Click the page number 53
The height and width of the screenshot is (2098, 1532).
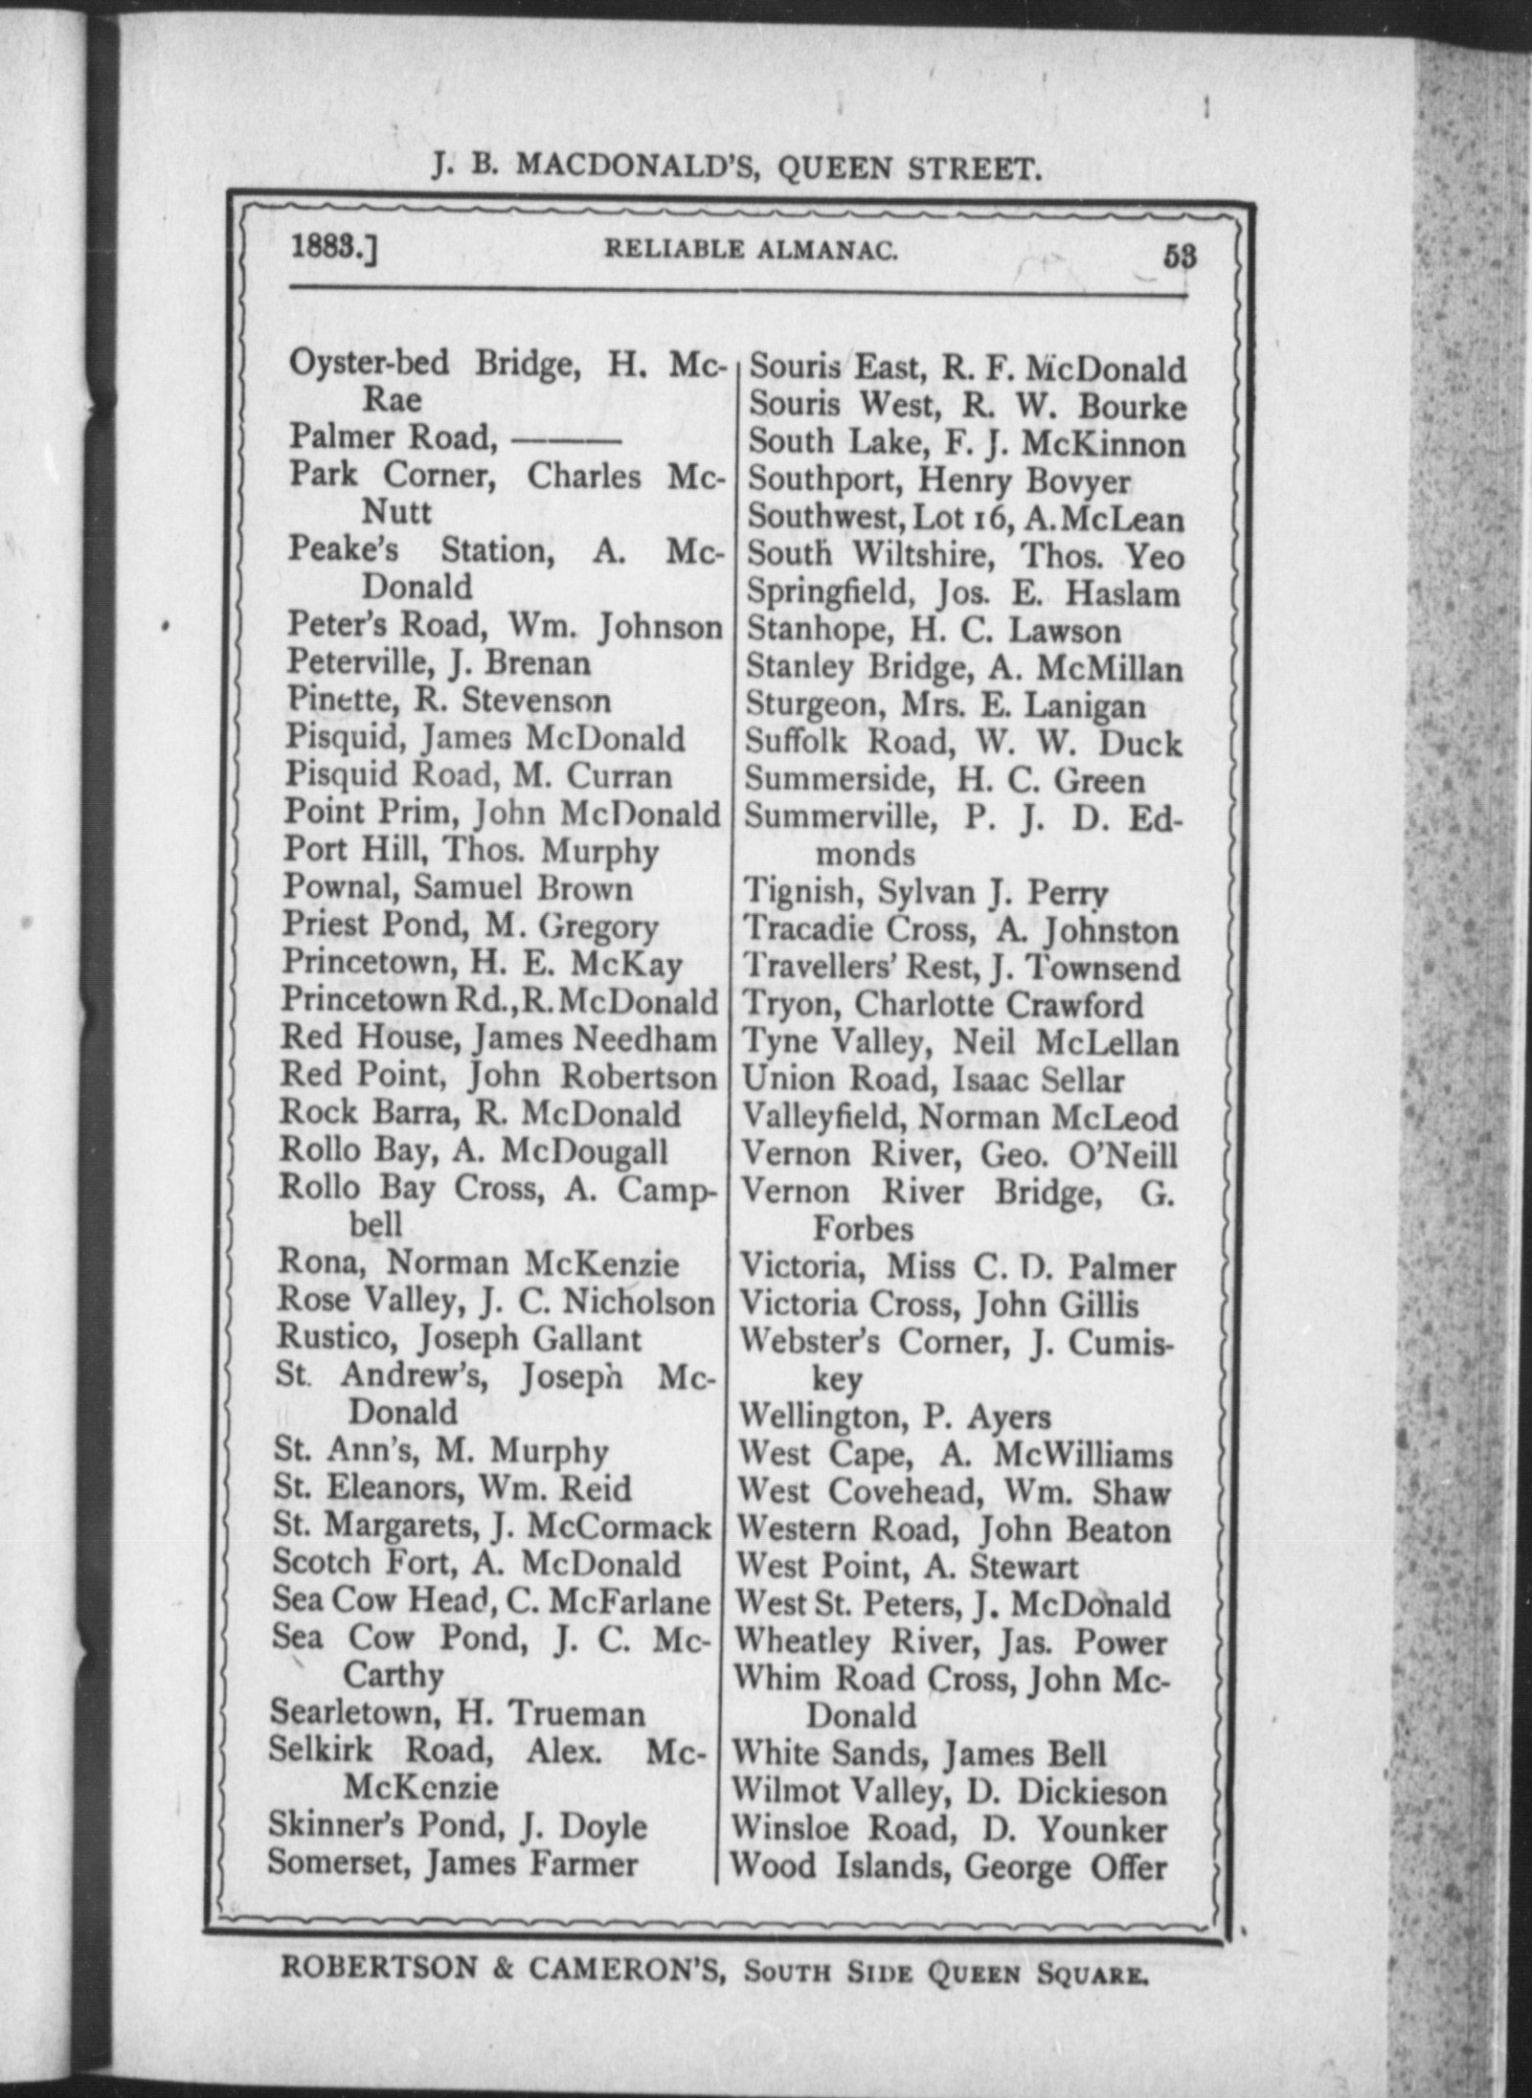coord(1180,257)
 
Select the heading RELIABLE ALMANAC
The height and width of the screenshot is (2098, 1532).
coord(751,251)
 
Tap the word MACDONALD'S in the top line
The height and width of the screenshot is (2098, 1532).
coord(639,167)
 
